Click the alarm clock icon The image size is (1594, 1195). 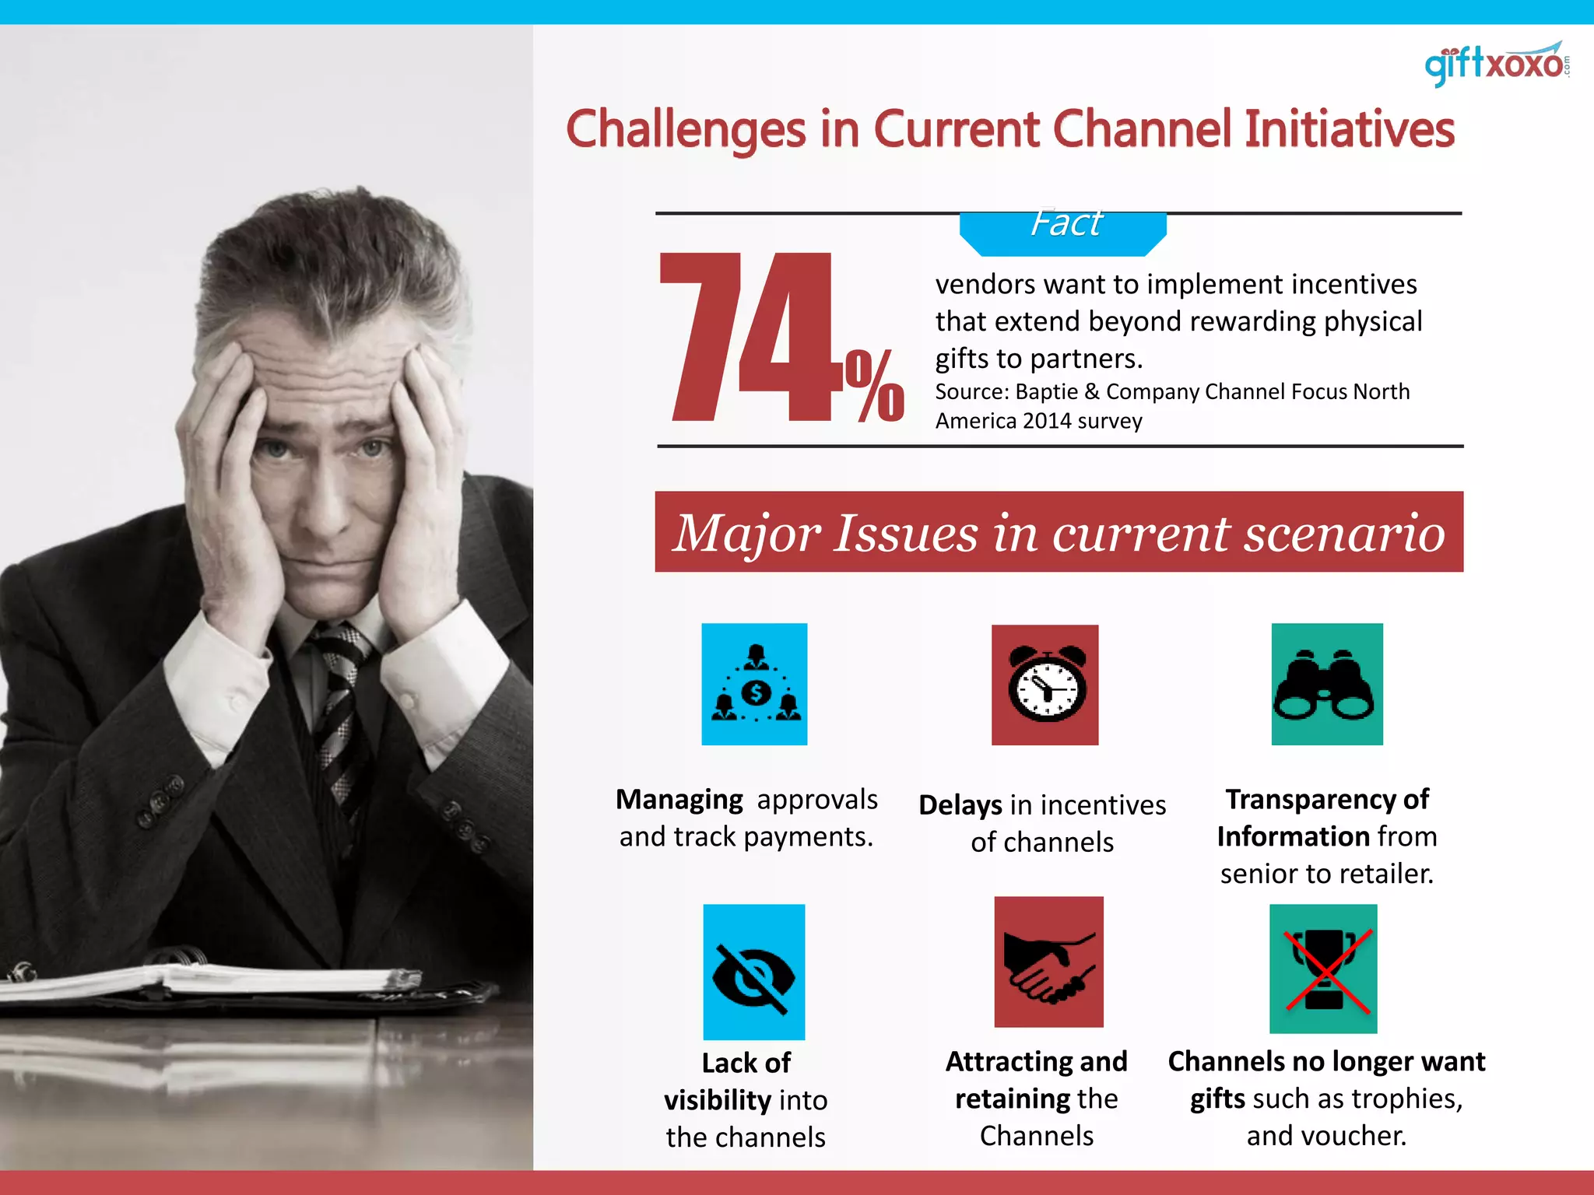[x=1045, y=685]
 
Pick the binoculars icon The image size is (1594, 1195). [x=1326, y=685]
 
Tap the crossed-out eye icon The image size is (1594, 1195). [x=753, y=972]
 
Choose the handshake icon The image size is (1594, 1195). [x=1048, y=962]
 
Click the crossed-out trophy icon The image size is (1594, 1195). [x=1323, y=969]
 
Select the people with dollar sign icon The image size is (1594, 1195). [x=754, y=685]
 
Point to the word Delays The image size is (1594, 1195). [x=960, y=805]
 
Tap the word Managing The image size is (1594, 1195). [x=679, y=800]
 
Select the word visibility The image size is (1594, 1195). [x=717, y=1100]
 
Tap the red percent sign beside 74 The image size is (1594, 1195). [x=874, y=385]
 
